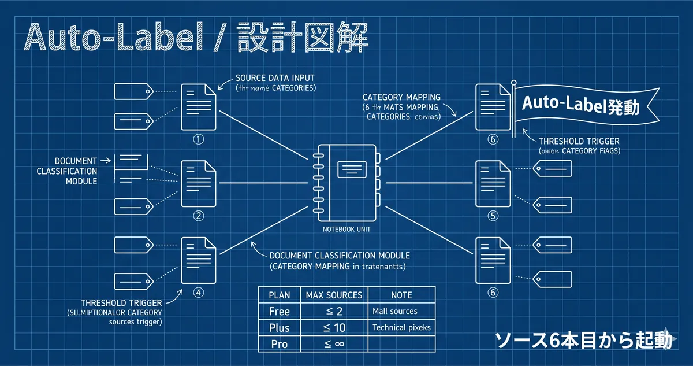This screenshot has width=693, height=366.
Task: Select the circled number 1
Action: (199, 139)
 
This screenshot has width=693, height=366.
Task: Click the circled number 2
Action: (199, 216)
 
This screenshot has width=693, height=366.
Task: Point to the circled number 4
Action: (199, 293)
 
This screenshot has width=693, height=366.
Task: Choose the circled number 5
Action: (493, 216)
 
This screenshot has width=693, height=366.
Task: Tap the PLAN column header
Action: (280, 295)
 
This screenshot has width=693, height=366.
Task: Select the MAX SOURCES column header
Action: (334, 295)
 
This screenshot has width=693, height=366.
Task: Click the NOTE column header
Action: (401, 295)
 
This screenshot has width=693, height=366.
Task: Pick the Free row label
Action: (280, 311)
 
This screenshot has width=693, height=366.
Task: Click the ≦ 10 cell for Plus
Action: (334, 327)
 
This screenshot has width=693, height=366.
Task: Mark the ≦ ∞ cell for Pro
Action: (334, 344)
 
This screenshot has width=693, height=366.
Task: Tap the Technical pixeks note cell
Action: (401, 327)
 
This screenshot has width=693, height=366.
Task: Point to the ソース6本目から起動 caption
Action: (583, 341)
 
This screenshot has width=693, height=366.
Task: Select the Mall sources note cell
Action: (395, 311)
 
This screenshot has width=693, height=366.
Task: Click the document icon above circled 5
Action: (493, 184)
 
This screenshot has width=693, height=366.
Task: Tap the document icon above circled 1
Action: (199, 108)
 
